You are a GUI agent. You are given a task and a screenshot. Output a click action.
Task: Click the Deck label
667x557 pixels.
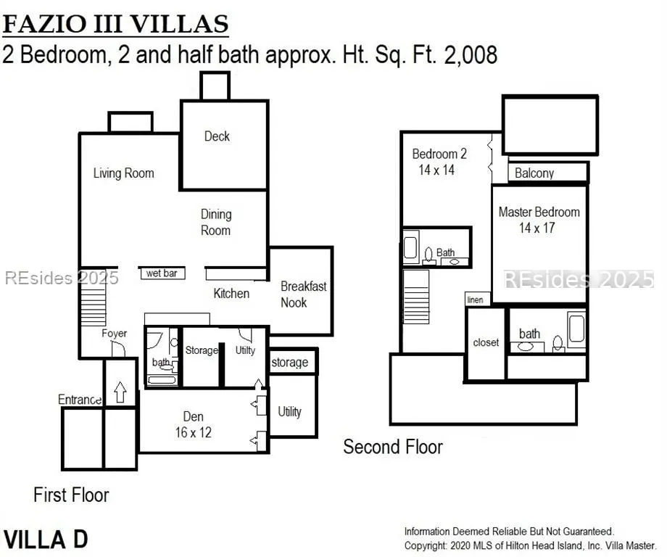[217, 136]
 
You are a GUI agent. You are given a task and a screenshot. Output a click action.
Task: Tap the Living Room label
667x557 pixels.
[124, 173]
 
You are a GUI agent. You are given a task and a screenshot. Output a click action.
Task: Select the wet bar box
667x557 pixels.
[163, 273]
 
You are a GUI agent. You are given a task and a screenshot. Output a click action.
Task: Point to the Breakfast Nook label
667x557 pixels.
[303, 294]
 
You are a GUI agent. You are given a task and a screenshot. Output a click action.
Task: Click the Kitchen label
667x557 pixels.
[231, 293]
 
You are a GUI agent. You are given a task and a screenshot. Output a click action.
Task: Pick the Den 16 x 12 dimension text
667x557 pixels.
[193, 432]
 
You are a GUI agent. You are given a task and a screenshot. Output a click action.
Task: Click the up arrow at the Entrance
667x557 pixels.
[120, 392]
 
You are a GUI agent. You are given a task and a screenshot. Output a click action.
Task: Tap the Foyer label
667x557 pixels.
[114, 333]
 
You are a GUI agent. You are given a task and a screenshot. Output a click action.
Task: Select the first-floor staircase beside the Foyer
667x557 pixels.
[93, 300]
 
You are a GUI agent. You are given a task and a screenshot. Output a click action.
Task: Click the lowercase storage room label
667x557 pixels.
[290, 362]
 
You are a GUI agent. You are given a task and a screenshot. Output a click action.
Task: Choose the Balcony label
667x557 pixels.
[534, 173]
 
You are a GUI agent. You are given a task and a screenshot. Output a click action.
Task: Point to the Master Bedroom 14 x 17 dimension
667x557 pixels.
[536, 228]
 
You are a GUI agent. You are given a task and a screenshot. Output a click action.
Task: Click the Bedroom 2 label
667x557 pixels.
[439, 154]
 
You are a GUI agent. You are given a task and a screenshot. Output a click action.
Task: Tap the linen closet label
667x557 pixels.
[475, 300]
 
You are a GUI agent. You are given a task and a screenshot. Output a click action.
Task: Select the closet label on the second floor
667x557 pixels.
[486, 342]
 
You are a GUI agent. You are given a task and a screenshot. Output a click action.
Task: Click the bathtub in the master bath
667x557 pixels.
[577, 329]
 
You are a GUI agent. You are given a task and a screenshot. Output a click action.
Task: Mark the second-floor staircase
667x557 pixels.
[416, 297]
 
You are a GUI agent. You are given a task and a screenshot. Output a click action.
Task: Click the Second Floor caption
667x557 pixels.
[393, 447]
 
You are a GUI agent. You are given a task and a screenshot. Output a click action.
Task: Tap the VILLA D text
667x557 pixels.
[46, 539]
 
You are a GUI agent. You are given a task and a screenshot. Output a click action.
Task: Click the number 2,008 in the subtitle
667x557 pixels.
[471, 55]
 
